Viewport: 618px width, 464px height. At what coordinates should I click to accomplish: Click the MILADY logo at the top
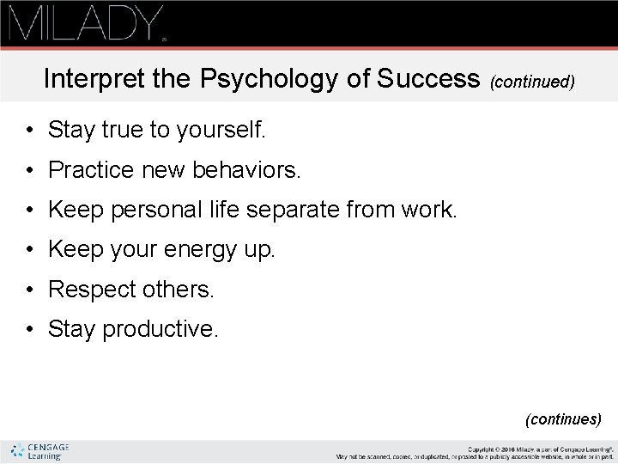point(86,23)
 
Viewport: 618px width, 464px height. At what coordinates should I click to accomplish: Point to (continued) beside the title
point(531,82)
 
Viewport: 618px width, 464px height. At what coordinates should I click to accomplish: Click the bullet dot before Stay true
point(29,131)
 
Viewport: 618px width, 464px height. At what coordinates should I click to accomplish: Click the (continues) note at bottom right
point(563,419)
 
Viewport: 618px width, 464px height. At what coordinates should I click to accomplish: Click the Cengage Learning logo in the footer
point(39,451)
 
